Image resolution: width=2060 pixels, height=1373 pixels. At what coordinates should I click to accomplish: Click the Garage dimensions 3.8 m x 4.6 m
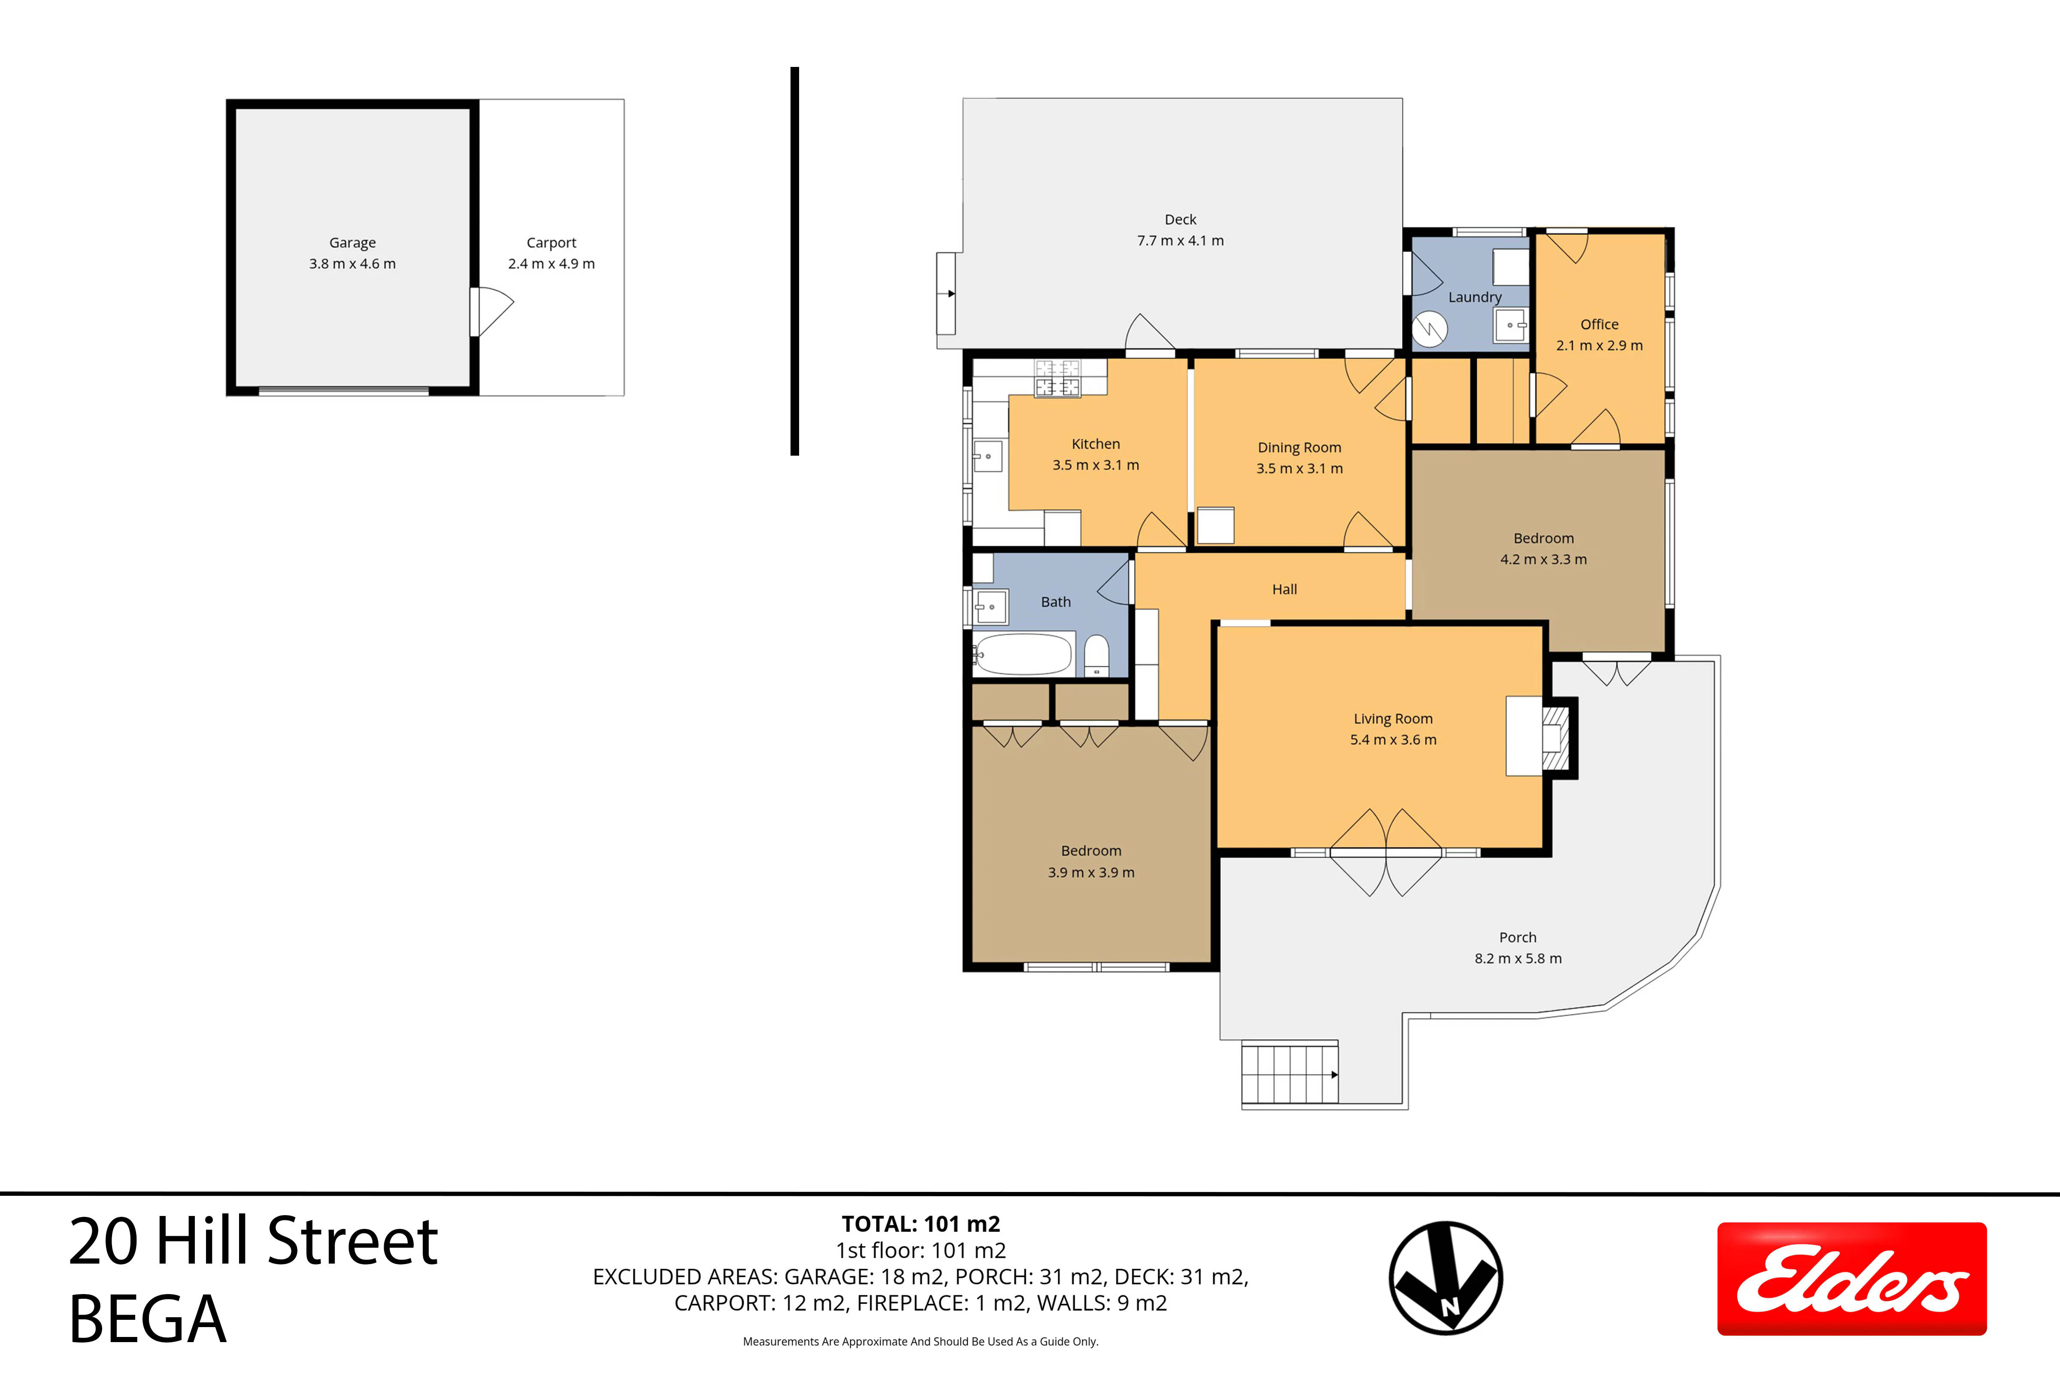click(352, 263)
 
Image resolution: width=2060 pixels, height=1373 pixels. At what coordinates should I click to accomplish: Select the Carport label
click(552, 242)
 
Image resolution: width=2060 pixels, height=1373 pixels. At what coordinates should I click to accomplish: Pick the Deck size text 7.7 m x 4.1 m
click(1181, 241)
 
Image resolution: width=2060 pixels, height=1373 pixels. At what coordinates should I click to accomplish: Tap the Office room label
click(1600, 324)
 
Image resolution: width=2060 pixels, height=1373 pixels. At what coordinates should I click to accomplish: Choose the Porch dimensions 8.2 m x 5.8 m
click(1518, 959)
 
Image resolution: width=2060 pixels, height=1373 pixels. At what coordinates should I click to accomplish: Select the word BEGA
click(147, 1319)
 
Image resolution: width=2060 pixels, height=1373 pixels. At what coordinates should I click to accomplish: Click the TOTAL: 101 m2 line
click(921, 1224)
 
